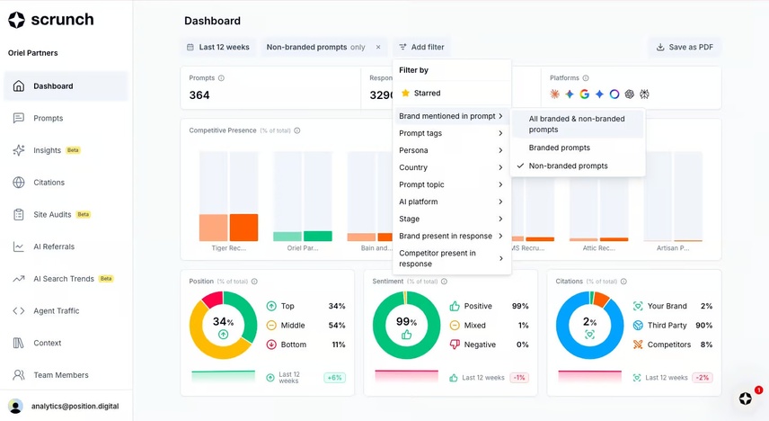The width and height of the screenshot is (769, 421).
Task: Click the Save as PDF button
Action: tap(684, 47)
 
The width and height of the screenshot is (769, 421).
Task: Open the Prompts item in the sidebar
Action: tap(48, 118)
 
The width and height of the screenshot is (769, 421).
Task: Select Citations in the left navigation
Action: tap(49, 183)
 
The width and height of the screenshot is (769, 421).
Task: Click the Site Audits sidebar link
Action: tap(52, 215)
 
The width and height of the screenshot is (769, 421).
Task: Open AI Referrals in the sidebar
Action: tap(54, 246)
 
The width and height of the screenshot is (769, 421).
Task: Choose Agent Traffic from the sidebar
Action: tap(56, 311)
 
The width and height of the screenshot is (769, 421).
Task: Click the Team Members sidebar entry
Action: tap(59, 375)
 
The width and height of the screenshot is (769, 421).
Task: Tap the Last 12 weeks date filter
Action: tap(217, 47)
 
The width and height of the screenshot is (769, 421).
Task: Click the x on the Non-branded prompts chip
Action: tap(377, 47)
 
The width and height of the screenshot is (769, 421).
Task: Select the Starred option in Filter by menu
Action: tap(427, 93)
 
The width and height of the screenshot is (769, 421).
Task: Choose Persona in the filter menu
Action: tap(413, 150)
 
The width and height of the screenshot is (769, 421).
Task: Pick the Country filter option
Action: tap(413, 167)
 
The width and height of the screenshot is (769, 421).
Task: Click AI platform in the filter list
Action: tap(418, 202)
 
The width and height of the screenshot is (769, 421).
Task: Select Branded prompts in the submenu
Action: tap(559, 148)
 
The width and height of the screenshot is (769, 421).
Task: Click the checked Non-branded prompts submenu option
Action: tap(568, 166)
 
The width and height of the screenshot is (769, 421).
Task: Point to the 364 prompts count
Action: tap(199, 95)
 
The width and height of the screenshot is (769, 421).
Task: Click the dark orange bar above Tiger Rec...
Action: tap(243, 228)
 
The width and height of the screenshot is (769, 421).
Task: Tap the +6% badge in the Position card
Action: tap(335, 378)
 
